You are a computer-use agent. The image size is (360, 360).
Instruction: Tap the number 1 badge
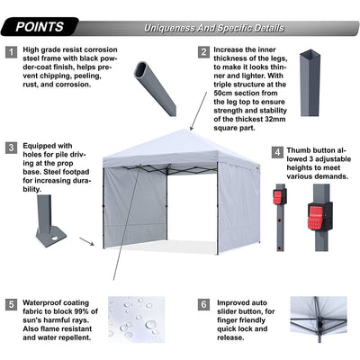click(x=12, y=53)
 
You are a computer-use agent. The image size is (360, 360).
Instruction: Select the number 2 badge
click(x=203, y=52)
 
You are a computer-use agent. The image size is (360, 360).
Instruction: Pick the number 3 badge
click(x=12, y=147)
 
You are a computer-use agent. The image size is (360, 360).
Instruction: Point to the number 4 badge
click(x=277, y=153)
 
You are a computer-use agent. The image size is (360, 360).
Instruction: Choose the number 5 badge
click(x=12, y=303)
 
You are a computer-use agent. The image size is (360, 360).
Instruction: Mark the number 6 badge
click(x=203, y=303)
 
